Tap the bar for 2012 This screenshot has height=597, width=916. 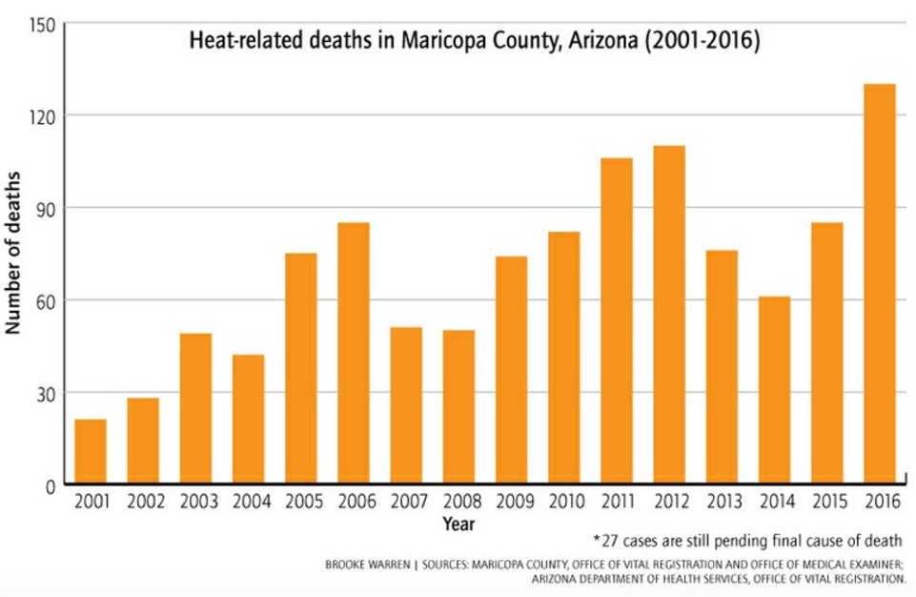(x=669, y=315)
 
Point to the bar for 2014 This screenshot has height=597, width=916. (x=774, y=390)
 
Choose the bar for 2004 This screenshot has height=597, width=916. (x=248, y=420)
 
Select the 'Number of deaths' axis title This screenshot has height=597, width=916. (x=14, y=253)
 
